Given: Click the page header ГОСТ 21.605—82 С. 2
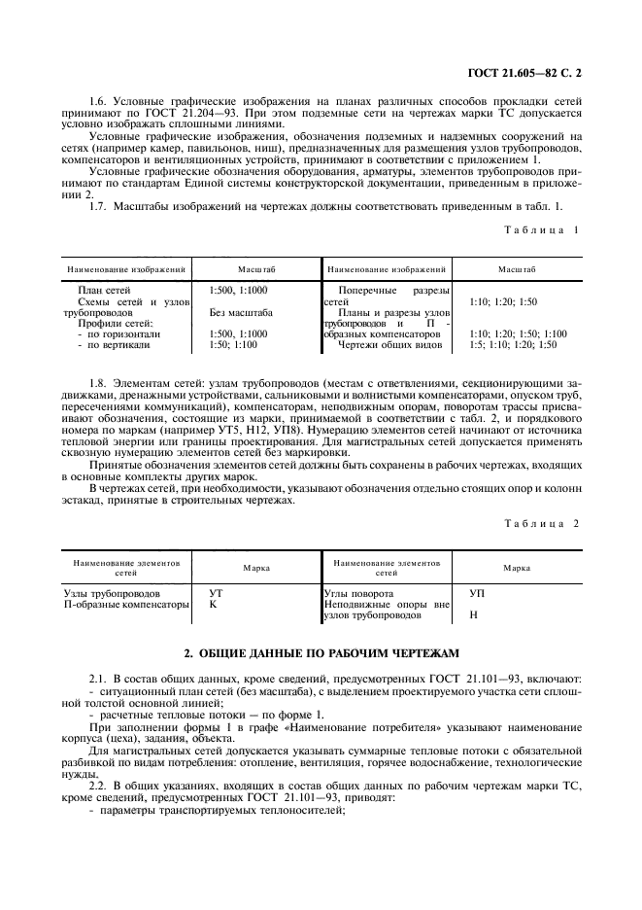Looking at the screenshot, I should tap(525, 73).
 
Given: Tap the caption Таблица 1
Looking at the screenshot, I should tap(541, 229).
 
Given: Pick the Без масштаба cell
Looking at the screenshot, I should tap(241, 313).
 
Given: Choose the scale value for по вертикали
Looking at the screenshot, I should tap(233, 344).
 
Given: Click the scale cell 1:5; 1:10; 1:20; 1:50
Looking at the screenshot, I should tap(513, 344).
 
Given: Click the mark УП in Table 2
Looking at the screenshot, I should tap(477, 592).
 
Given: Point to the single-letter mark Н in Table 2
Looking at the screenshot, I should tap(473, 615).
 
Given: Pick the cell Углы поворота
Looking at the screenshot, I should tap(358, 592).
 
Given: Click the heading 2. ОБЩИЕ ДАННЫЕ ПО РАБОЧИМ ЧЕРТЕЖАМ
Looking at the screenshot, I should tap(321, 652).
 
